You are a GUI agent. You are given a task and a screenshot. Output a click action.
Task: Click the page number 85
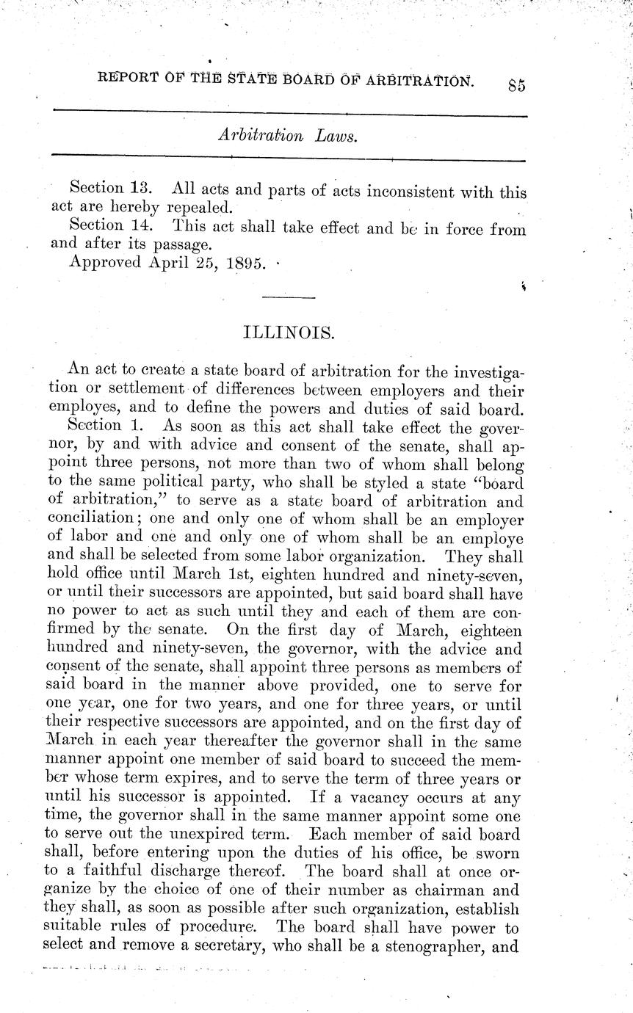[516, 84]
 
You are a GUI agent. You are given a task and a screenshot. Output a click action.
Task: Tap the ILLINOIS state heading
[289, 333]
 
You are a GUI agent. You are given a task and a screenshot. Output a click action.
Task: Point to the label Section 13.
[104, 192]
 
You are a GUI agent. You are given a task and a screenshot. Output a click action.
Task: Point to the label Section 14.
[104, 228]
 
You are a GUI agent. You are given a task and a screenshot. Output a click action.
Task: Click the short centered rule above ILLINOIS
[289, 297]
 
